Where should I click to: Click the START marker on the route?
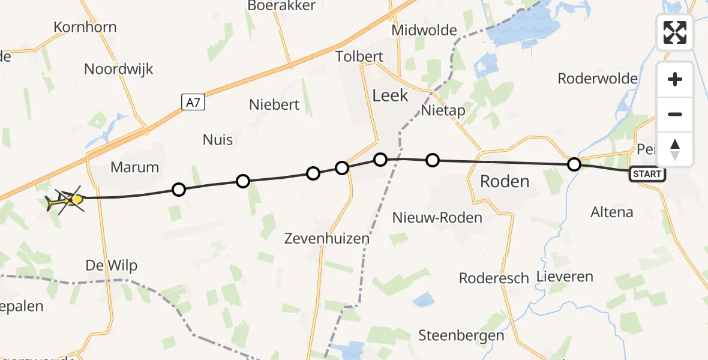pos(647,174)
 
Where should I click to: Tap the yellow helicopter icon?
pos(65,200)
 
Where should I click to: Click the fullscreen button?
pos(675,32)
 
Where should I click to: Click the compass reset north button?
pos(675,149)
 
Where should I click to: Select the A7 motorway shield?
pos(193,103)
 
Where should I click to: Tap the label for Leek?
pos(390,95)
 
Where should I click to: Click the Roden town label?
pos(505,181)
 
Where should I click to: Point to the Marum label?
pos(135,167)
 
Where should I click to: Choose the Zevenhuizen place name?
pos(327,238)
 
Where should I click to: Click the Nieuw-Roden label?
pos(437,217)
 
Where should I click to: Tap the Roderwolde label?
pos(598,79)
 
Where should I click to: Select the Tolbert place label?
pos(359,57)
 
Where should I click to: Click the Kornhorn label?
pos(85,27)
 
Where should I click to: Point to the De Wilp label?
pos(111,265)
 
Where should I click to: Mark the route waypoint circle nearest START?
pos(574,164)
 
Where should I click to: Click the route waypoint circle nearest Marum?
pos(179,190)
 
